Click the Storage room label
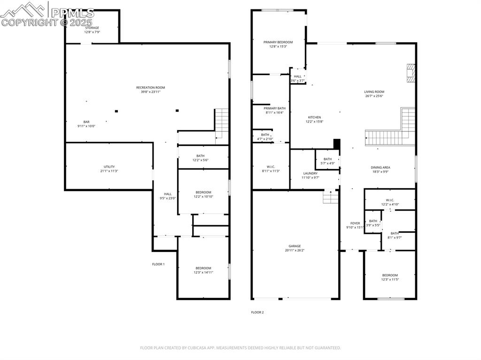point(92,28)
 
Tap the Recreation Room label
point(150,87)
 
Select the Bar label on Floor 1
point(86,122)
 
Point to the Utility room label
point(109,167)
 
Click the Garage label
point(295,246)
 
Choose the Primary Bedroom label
point(278,42)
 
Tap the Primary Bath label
point(274,108)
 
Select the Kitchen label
point(314,117)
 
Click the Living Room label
point(374,92)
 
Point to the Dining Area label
point(381,168)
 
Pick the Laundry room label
point(310,173)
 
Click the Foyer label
point(355,223)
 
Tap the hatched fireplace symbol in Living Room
point(411,73)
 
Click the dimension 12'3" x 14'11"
point(203,272)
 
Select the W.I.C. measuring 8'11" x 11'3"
point(271,168)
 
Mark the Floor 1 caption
point(158,264)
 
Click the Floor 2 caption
point(257,312)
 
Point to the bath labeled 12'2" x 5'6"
point(200,158)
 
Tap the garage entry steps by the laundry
point(331,198)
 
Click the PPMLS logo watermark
point(47,14)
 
